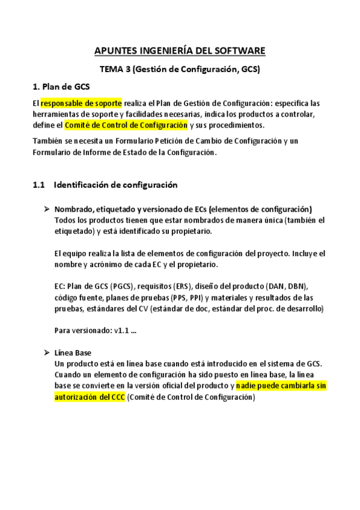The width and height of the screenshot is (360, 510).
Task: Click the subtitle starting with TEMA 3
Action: pyautogui.click(x=180, y=69)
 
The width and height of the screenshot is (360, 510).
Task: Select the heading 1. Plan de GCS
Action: pyautogui.click(x=62, y=88)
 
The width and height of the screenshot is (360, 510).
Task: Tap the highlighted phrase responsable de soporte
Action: pyautogui.click(x=81, y=103)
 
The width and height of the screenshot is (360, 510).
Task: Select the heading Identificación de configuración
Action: pyautogui.click(x=115, y=185)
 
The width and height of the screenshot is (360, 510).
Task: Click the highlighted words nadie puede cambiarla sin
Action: pyautogui.click(x=281, y=386)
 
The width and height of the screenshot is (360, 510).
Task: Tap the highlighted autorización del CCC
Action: pyautogui.click(x=90, y=397)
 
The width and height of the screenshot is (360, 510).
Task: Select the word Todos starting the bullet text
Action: pyautogui.click(x=65, y=220)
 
